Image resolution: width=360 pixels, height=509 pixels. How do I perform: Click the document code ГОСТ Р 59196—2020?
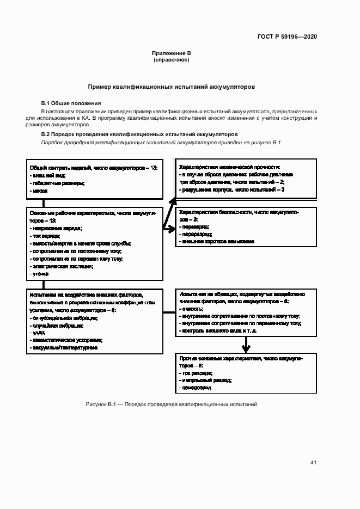pyautogui.click(x=287, y=37)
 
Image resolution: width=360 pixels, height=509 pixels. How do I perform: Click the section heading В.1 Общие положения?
pyautogui.click(x=71, y=103)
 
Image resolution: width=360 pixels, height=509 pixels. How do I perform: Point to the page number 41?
pyautogui.click(x=313, y=463)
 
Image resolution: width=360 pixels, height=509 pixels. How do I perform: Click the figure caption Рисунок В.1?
pyautogui.click(x=171, y=404)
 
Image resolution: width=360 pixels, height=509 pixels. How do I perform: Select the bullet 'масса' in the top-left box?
pyautogui.click(x=39, y=191)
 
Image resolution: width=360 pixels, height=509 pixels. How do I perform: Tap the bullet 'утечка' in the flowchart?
pyautogui.click(x=40, y=274)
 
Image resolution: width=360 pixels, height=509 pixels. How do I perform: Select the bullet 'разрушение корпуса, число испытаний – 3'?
pyautogui.click(x=231, y=189)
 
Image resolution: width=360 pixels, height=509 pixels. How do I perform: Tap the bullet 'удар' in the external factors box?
pyautogui.click(x=39, y=332)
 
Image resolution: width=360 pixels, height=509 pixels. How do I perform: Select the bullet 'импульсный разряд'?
pyautogui.click(x=205, y=381)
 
